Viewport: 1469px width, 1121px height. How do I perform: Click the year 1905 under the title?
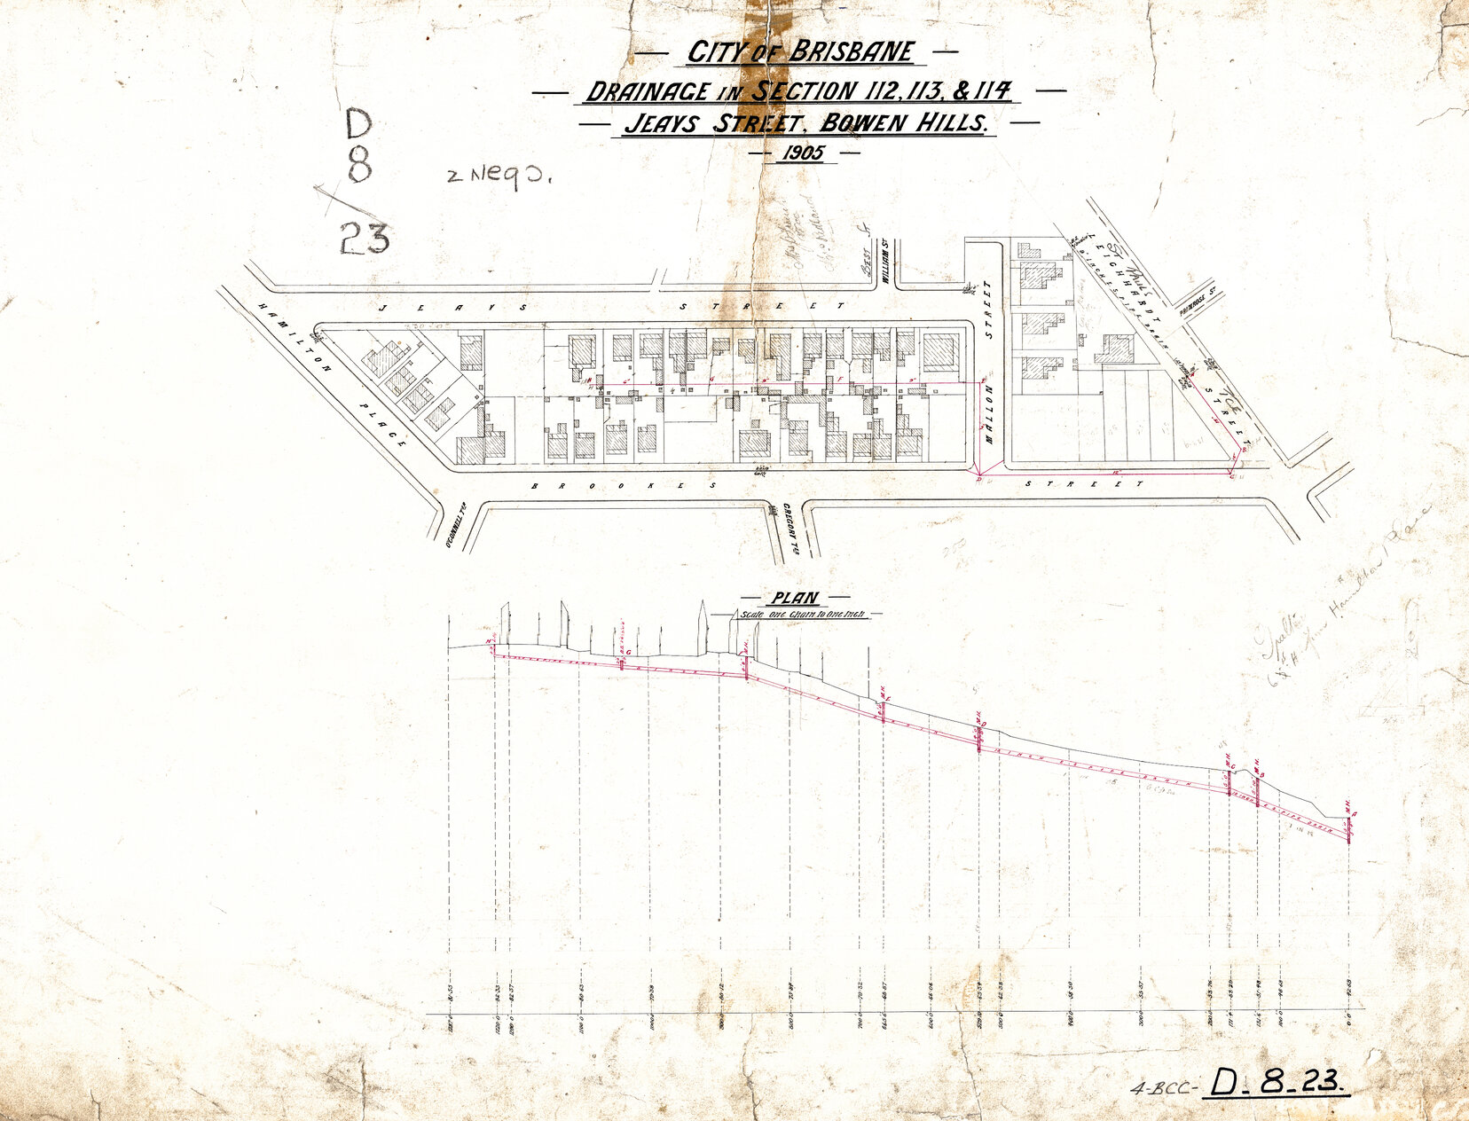click(803, 153)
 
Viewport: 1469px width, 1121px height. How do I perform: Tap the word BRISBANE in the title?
click(850, 51)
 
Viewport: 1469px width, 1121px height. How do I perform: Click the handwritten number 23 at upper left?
click(364, 238)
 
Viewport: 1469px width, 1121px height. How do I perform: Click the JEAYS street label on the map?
click(452, 307)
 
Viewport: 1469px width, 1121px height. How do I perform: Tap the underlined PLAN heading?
click(795, 599)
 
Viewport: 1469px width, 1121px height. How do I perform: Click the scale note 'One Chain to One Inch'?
click(803, 614)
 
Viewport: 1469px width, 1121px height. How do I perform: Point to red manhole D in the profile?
click(978, 734)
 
